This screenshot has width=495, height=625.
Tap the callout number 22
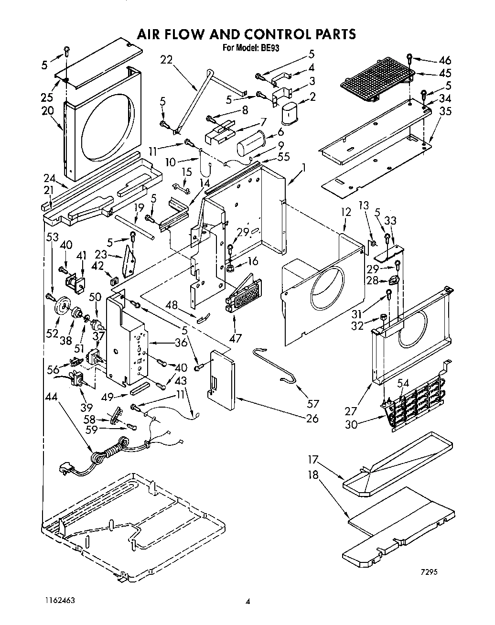click(166, 60)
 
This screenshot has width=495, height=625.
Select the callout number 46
click(444, 60)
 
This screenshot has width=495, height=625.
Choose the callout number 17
click(313, 460)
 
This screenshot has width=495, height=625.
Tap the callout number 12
click(346, 212)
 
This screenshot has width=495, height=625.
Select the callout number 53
click(53, 236)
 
